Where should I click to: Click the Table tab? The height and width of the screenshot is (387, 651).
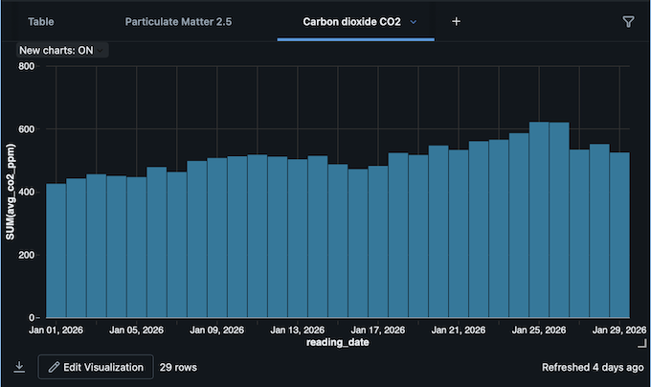[40, 21]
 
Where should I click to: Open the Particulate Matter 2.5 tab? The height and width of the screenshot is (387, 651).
[178, 21]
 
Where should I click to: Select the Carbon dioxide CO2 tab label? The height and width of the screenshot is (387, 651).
[351, 21]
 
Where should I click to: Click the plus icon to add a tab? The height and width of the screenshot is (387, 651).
[456, 21]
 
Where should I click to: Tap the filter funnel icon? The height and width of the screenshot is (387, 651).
[628, 21]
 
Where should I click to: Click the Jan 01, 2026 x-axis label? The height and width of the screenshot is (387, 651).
[56, 330]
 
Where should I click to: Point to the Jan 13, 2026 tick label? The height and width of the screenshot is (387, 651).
[298, 330]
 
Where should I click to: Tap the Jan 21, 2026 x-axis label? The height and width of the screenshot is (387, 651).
[460, 330]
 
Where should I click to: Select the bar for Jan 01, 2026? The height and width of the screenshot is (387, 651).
[56, 250]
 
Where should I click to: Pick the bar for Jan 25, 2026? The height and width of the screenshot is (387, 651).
[539, 219]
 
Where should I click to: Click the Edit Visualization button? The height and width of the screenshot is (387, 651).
[96, 367]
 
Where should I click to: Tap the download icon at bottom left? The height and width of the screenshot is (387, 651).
[19, 367]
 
